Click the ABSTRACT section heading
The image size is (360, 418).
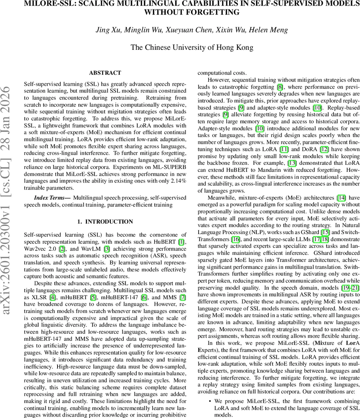coord(105,73)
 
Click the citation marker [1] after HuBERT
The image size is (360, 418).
coord(182,232)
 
